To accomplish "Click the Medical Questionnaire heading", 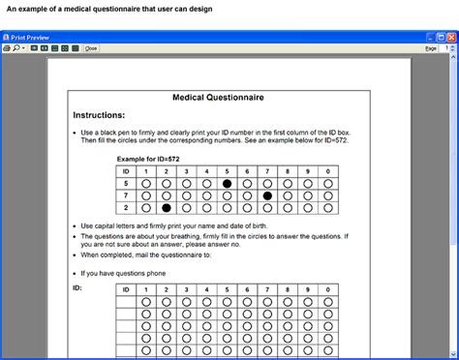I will [218, 98].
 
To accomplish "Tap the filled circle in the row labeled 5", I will [227, 183].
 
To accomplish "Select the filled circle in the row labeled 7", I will [267, 195].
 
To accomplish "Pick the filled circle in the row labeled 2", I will [166, 207].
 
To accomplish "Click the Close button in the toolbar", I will [91, 47].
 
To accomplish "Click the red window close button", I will [450, 35].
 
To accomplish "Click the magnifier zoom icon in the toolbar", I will [16, 47].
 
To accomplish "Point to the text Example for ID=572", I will [148, 158].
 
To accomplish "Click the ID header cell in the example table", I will [125, 170].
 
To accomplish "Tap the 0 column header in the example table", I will [328, 170].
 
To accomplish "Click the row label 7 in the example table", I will [125, 195].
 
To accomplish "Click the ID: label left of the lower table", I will [77, 287].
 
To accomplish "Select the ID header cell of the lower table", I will [125, 289].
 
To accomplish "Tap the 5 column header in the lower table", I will [227, 289].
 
